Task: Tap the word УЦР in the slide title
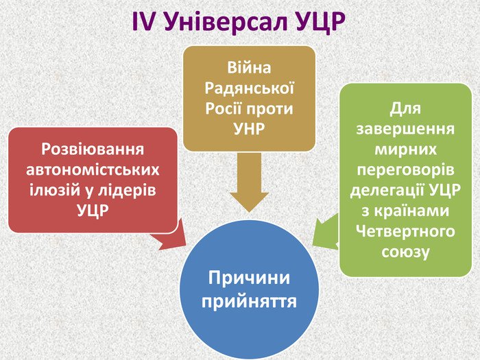[x=317, y=23]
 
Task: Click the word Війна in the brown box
[x=250, y=68]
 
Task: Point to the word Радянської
[x=250, y=88]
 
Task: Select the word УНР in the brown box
[x=250, y=128]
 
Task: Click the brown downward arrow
[x=250, y=182]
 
